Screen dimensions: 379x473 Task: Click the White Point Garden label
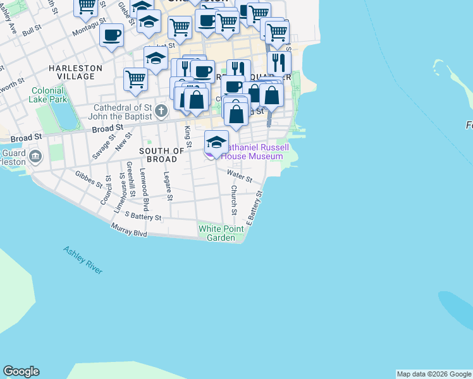[221, 233]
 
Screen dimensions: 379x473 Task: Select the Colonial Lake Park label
[48, 94]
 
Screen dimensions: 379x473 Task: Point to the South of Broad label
[161, 155]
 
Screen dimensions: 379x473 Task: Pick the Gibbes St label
[89, 179]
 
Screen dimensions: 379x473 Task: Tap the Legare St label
[168, 186]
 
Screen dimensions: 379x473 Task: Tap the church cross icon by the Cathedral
[161, 112]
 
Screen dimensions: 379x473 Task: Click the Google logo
[21, 371]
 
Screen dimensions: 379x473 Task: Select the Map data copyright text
[434, 374]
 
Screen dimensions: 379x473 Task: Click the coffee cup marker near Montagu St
[112, 35]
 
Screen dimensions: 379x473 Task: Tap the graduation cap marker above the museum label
[216, 141]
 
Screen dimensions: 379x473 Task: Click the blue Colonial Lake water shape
[64, 114]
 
